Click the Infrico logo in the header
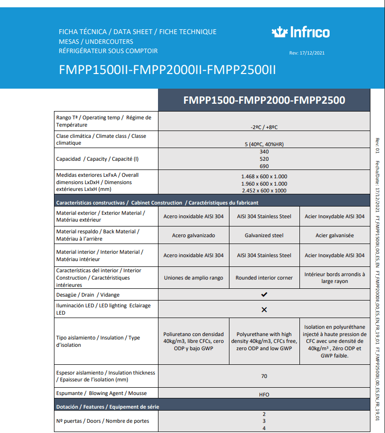coord(300,33)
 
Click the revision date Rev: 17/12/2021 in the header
coord(306,53)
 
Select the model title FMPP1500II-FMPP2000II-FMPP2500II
coord(167,70)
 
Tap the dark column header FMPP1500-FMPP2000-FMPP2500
coord(264,100)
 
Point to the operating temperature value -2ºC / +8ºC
coord(264,127)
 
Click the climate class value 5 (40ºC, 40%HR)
coord(264,144)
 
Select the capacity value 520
coord(264,159)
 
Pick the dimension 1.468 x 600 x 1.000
coord(264,176)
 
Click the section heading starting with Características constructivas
coord(157,203)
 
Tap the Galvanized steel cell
coord(264,235)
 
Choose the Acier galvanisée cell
coord(334,235)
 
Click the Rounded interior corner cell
coord(264,278)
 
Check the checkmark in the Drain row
coord(264,295)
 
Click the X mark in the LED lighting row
coord(264,309)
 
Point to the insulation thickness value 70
coord(264,376)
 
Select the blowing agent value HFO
coord(264,395)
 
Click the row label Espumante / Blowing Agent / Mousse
coord(101,393)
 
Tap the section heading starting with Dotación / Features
coord(107,406)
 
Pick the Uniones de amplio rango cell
coord(193,278)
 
